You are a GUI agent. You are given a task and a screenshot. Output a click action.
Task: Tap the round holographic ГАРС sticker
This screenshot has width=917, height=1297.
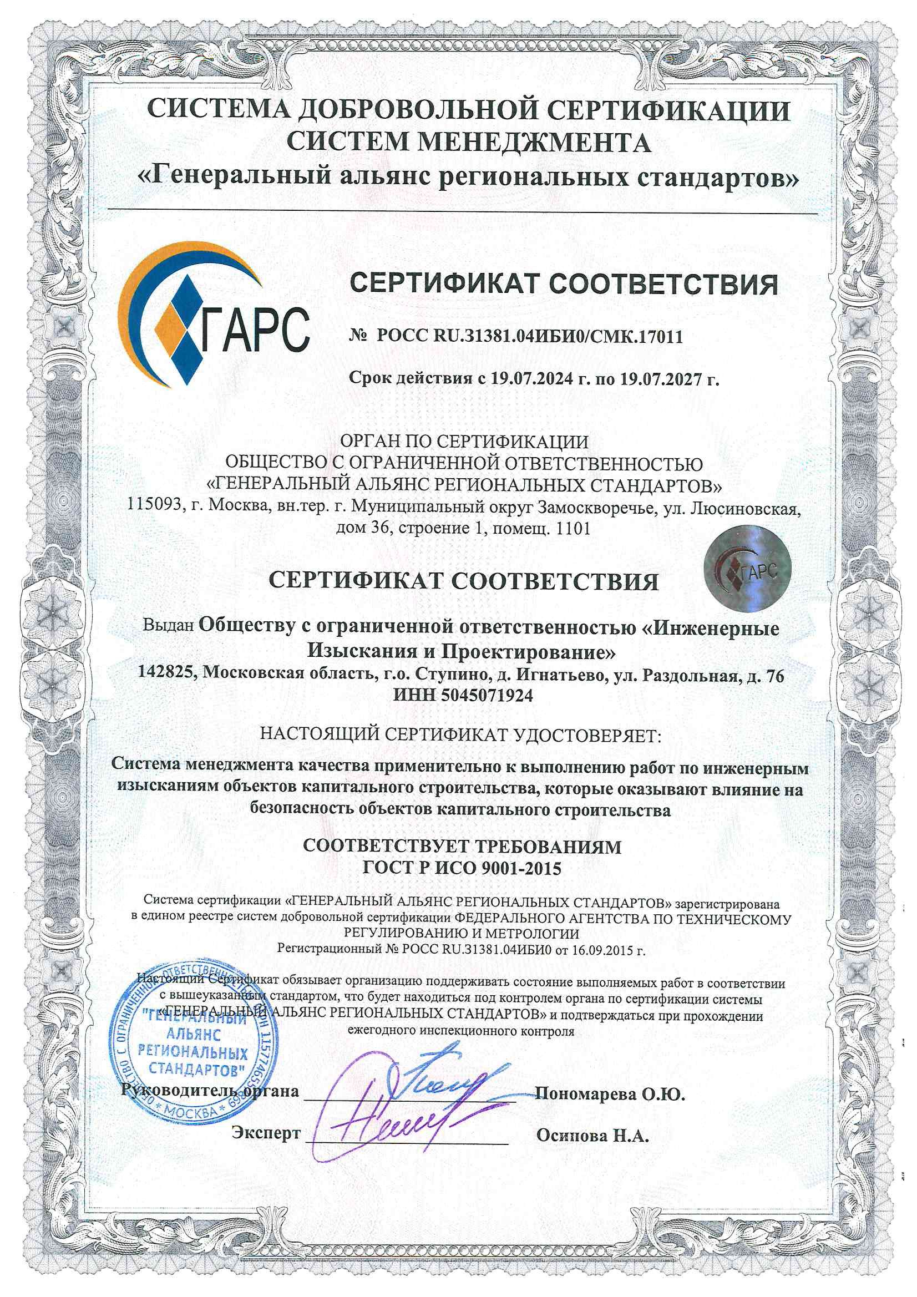pos(746,573)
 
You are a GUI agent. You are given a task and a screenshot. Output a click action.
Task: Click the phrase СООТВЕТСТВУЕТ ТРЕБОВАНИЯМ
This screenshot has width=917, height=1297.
pos(462,846)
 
